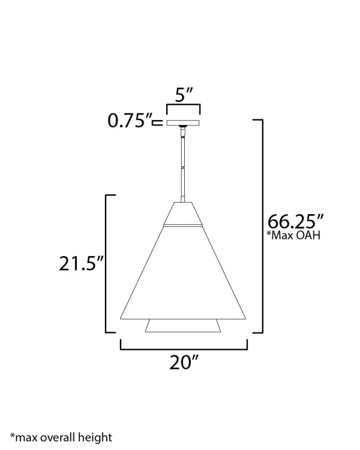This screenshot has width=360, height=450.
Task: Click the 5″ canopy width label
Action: (x=184, y=94)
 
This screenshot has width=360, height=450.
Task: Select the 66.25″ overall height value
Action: (x=295, y=221)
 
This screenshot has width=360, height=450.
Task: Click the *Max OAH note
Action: (x=293, y=235)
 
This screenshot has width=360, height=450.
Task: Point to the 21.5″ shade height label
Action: (x=81, y=263)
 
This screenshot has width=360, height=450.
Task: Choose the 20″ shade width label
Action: (x=184, y=362)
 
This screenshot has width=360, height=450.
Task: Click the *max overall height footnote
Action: (x=61, y=437)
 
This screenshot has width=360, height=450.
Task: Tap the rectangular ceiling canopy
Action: (x=183, y=123)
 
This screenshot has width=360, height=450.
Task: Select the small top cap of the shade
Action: (x=183, y=213)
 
